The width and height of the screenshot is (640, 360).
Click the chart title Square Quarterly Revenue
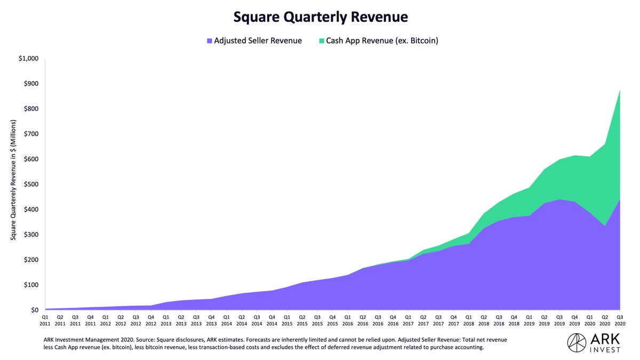pyautogui.click(x=321, y=17)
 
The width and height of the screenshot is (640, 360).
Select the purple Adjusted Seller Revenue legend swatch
pyautogui.click(x=210, y=41)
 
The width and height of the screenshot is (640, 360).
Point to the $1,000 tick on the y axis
pyautogui.click(x=28, y=59)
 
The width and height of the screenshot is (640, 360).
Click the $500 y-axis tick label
pyautogui.click(x=31, y=185)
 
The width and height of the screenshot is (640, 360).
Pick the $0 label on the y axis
pyautogui.click(x=35, y=310)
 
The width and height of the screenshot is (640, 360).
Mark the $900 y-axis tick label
pyautogui.click(x=31, y=84)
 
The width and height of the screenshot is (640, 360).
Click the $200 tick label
pyautogui.click(x=31, y=260)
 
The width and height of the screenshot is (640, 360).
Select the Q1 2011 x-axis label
pyautogui.click(x=45, y=320)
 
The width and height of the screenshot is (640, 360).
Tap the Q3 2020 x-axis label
pyautogui.click(x=620, y=320)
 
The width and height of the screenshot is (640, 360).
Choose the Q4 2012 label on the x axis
pyautogui.click(x=151, y=320)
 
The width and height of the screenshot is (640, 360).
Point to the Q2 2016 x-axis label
pyautogui.click(x=363, y=320)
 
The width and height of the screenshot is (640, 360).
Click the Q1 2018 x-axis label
pyautogui.click(x=468, y=320)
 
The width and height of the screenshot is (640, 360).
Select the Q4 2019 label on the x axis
pyautogui.click(x=574, y=320)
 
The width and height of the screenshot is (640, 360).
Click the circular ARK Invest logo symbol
pyautogui.click(x=578, y=343)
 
